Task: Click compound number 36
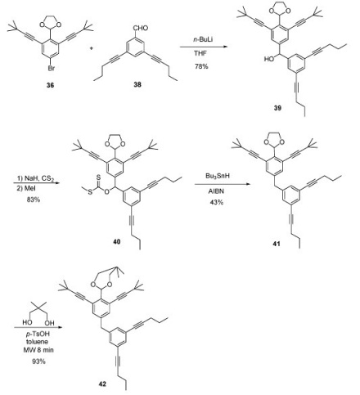click(50, 85)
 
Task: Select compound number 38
click(137, 85)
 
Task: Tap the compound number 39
click(277, 108)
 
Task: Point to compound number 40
click(117, 241)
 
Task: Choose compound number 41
click(277, 244)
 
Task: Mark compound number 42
click(102, 384)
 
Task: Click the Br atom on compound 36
click(51, 68)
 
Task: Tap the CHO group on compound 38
click(141, 28)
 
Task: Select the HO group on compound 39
click(269, 59)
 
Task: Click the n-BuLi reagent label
click(203, 39)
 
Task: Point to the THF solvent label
click(200, 53)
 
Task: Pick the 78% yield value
click(201, 66)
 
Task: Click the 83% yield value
click(34, 200)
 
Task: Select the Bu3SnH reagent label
click(218, 176)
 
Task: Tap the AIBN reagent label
click(216, 191)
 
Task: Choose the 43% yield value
click(216, 202)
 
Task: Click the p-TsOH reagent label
click(38, 334)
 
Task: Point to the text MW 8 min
click(38, 350)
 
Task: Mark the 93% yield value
click(38, 361)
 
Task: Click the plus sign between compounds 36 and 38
click(92, 48)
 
